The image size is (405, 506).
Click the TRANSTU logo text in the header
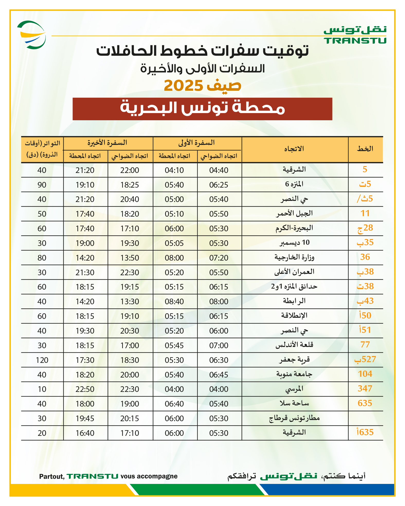355,41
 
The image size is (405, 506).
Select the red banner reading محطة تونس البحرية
202,109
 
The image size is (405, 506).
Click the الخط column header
365,149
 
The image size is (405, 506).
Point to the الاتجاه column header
294,149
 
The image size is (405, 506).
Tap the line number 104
365,374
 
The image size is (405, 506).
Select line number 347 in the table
365,389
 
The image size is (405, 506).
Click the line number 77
365,345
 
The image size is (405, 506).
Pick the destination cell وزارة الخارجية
294,257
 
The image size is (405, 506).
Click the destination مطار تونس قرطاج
294,418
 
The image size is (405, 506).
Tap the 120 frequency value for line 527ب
42,360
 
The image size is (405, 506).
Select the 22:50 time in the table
85,389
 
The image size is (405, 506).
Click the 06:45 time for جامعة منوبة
219,375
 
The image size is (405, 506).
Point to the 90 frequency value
42,185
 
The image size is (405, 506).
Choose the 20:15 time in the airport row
130,418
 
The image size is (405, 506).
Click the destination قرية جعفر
294,360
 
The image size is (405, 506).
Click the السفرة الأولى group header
197,143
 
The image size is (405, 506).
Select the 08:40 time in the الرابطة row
174,301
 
